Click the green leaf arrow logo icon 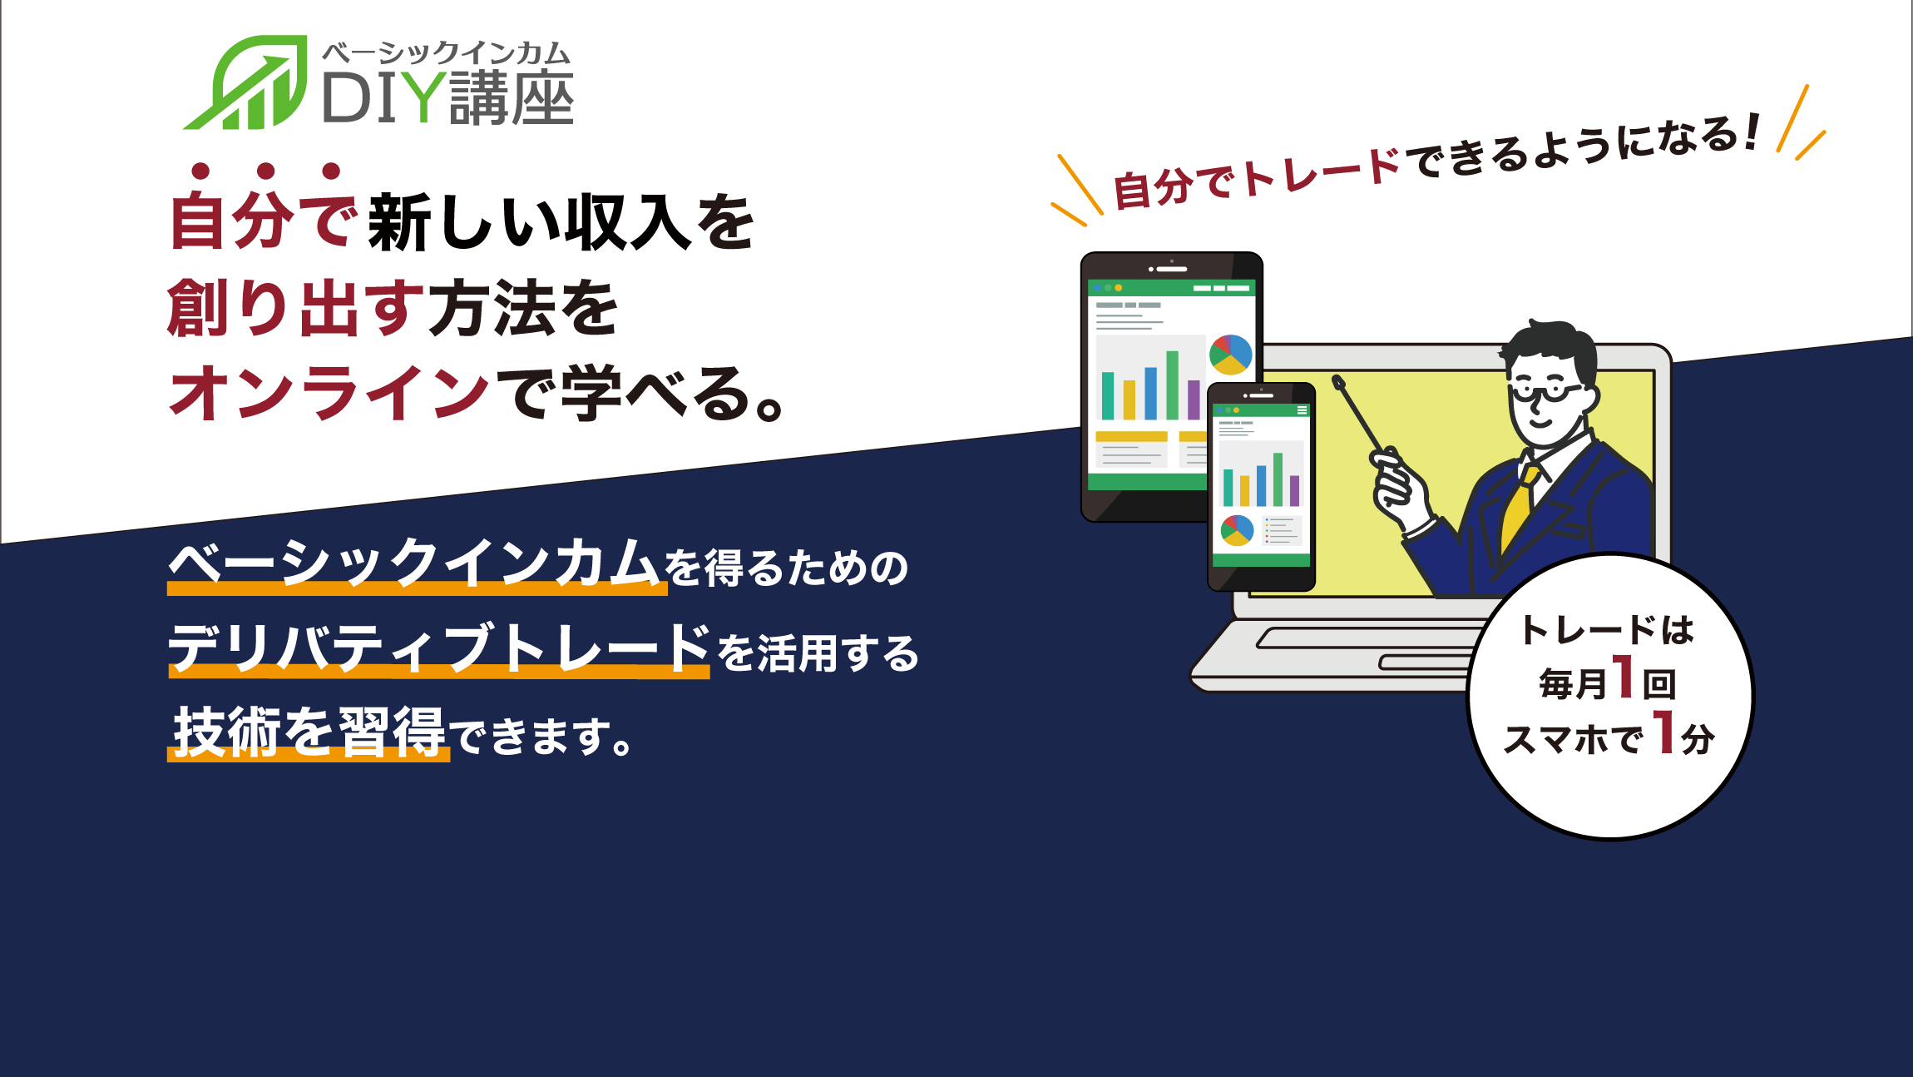click(246, 83)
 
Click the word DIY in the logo click(383, 98)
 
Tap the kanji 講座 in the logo click(512, 98)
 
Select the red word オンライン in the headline click(329, 394)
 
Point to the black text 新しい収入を click(561, 222)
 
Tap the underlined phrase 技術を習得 click(309, 732)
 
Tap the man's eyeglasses click(1546, 390)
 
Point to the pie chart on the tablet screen click(1231, 355)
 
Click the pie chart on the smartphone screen click(1237, 530)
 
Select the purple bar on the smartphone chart click(1294, 491)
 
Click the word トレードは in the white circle click(1607, 630)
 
